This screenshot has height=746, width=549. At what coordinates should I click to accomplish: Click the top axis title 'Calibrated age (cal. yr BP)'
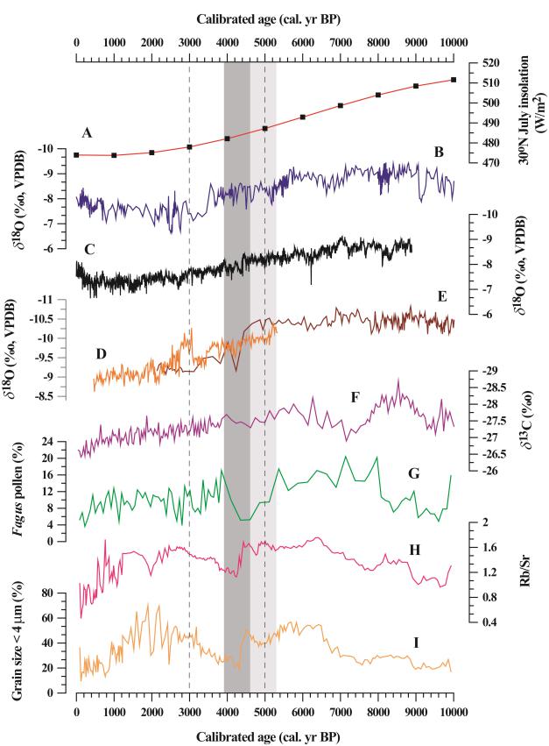(x=264, y=11)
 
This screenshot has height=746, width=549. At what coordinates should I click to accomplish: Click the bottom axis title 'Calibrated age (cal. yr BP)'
(x=264, y=735)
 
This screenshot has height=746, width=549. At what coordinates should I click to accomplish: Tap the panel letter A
(x=87, y=133)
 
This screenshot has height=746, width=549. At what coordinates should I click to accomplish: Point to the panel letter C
(x=89, y=249)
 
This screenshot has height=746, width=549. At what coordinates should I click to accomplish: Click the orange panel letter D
(x=102, y=353)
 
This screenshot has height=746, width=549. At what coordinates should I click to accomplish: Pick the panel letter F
(x=355, y=397)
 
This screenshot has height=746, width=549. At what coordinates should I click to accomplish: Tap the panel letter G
(x=414, y=473)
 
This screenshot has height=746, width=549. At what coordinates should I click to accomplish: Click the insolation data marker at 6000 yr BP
(x=302, y=117)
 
